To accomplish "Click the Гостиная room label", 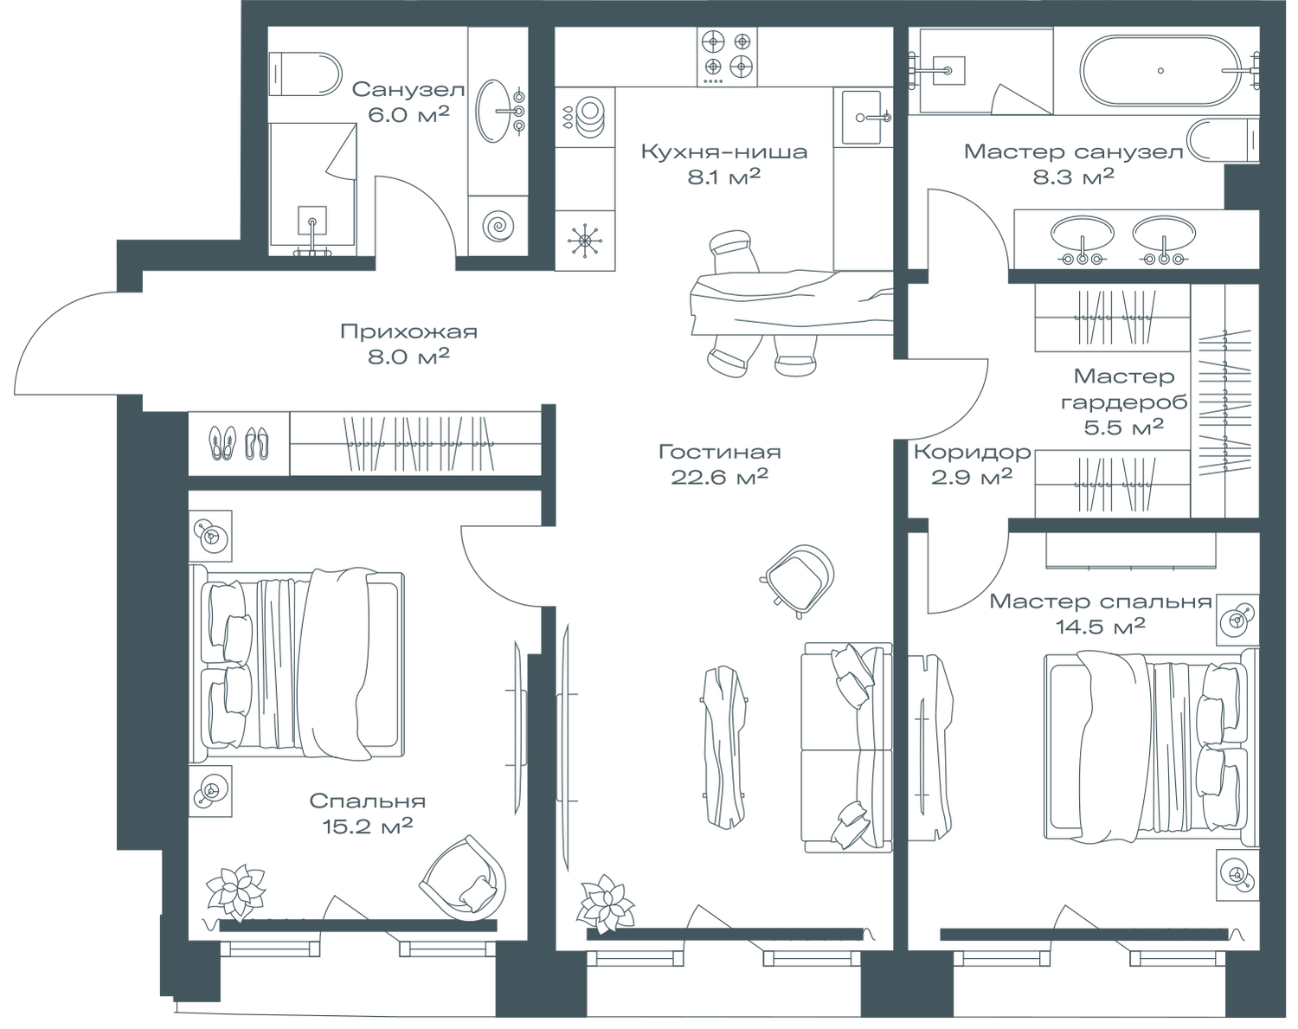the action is (x=719, y=452).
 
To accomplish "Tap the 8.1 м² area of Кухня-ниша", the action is (x=723, y=177).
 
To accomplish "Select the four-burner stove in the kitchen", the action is (x=728, y=57).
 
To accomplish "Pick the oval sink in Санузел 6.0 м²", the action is (x=500, y=111).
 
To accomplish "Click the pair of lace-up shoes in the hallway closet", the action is (x=222, y=443).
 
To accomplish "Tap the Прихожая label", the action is (x=409, y=331).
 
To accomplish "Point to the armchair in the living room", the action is (x=797, y=581).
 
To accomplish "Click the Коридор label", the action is (x=972, y=452).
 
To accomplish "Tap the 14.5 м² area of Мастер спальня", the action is (x=1100, y=627).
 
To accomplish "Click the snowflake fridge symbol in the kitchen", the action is (x=584, y=241).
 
